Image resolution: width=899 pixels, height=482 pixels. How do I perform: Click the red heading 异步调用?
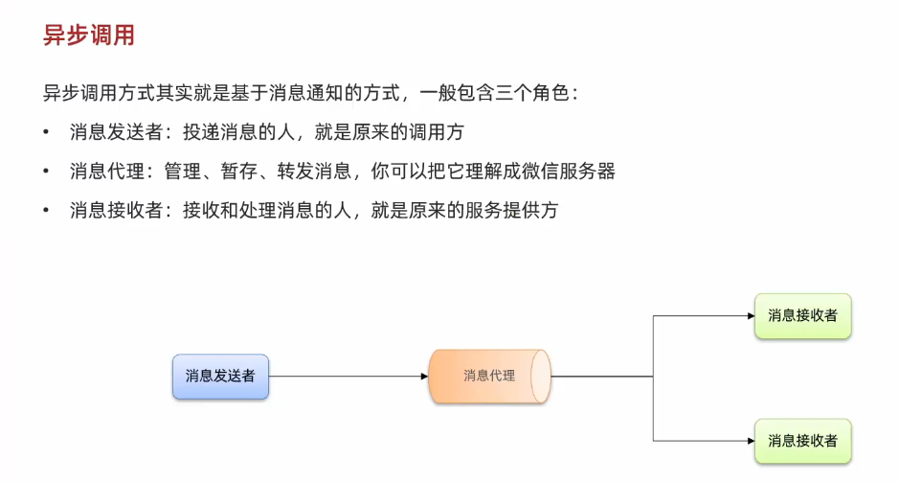coord(89,36)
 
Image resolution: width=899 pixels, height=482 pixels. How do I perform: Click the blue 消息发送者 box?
coord(220,377)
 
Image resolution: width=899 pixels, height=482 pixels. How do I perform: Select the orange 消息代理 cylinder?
coord(489,376)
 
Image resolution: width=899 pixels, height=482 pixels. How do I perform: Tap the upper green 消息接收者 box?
coord(802,315)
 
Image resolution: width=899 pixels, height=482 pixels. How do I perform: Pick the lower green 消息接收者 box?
coord(802,441)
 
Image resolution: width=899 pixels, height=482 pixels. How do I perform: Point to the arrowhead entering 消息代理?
coord(424,377)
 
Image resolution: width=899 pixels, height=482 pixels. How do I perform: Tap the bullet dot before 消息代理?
coord(46,172)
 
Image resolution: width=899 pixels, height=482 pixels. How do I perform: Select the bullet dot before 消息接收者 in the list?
coord(46,211)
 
